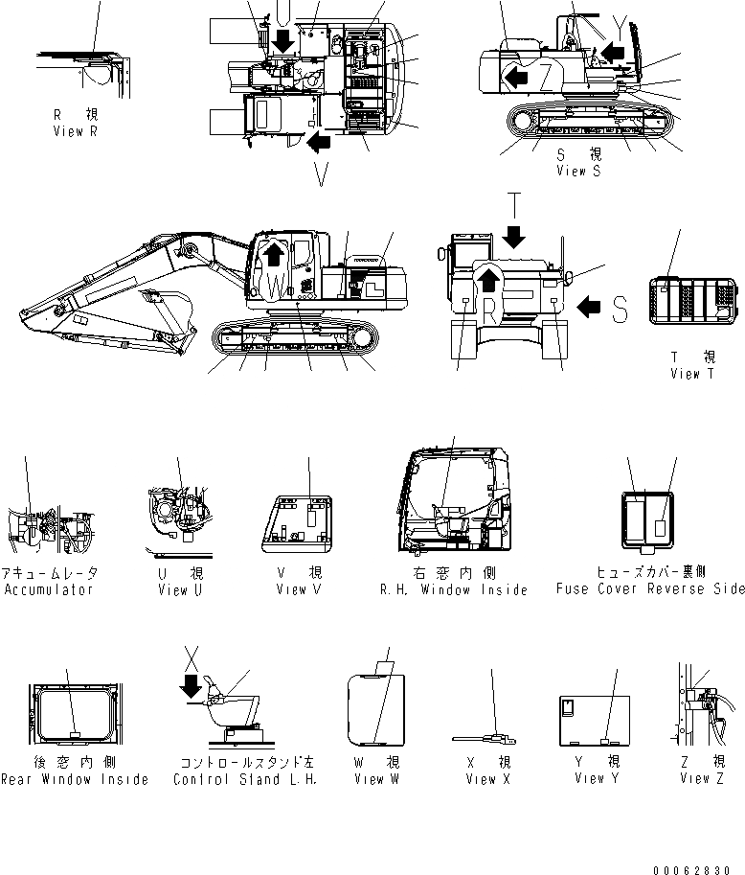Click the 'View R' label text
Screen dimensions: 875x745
(75, 131)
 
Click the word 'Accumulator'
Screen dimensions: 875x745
(49, 589)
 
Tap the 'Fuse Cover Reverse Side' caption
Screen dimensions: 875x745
(650, 589)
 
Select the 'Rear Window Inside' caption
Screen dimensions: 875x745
(74, 779)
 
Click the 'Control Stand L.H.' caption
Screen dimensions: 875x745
(244, 779)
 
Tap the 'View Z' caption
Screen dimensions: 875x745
(703, 779)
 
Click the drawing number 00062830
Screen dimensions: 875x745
(698, 869)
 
